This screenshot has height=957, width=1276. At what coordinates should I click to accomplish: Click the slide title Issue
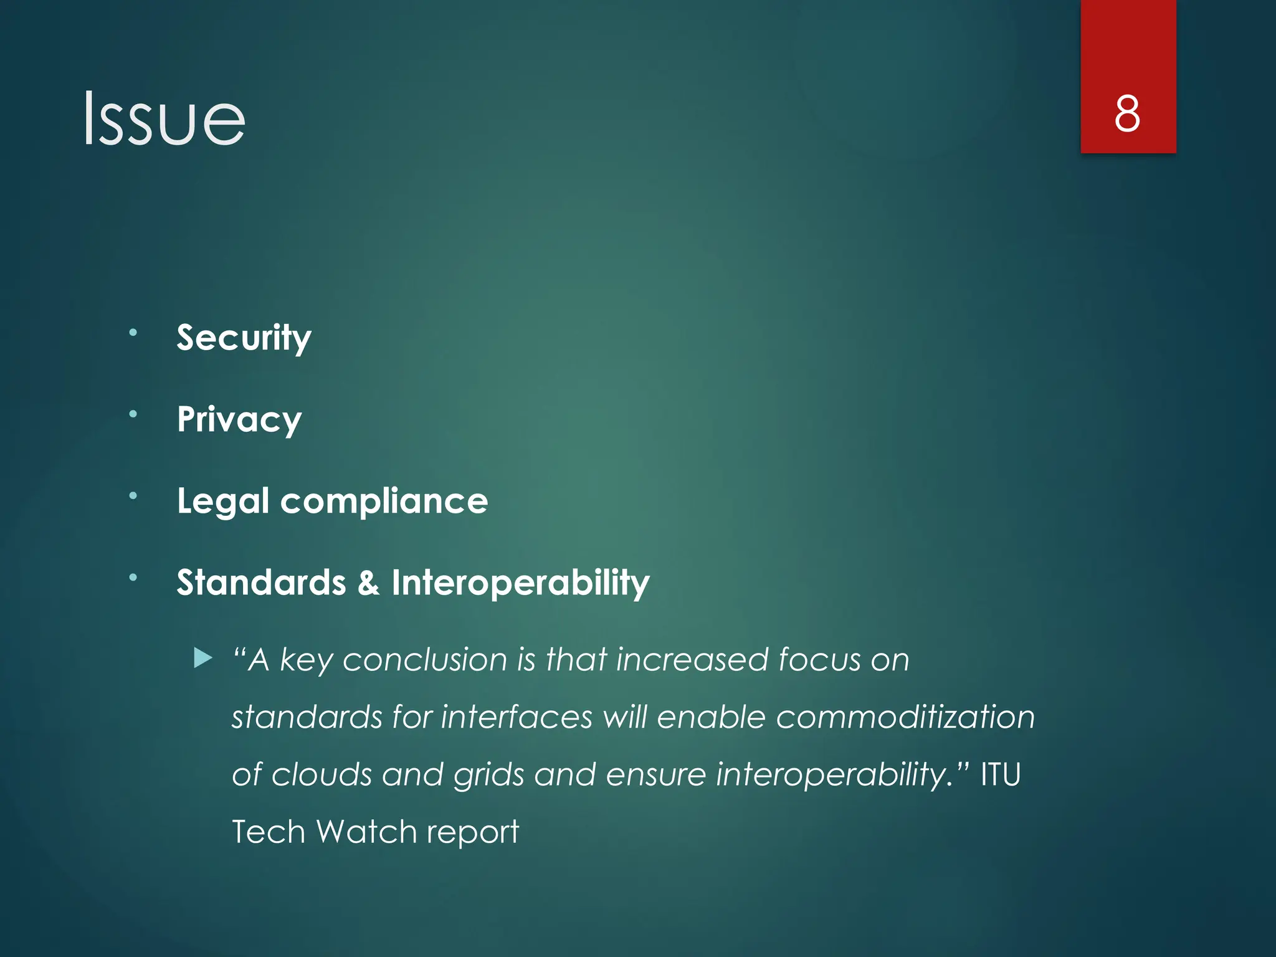(x=164, y=118)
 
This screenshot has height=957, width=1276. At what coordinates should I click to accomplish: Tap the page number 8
(x=1127, y=114)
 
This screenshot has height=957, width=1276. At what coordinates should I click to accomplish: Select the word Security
(x=244, y=338)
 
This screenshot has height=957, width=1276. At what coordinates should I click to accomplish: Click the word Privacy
(x=239, y=419)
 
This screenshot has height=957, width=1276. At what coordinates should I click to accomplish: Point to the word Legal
(x=223, y=502)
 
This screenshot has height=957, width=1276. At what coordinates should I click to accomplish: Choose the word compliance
(x=384, y=502)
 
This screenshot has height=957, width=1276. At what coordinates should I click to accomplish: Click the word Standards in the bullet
(x=261, y=583)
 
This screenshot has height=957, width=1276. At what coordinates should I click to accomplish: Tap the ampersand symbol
(x=368, y=583)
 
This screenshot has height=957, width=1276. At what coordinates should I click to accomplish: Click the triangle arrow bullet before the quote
(x=203, y=658)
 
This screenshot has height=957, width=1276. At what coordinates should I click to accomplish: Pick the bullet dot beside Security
(x=133, y=333)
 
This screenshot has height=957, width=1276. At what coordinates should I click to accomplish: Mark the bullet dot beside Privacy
(x=133, y=414)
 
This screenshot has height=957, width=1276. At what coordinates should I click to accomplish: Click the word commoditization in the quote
(x=905, y=717)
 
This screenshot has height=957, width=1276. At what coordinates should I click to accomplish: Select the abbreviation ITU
(x=1001, y=774)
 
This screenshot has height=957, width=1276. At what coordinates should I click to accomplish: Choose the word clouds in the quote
(x=321, y=774)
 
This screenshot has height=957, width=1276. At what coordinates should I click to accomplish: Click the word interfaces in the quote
(x=517, y=717)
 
